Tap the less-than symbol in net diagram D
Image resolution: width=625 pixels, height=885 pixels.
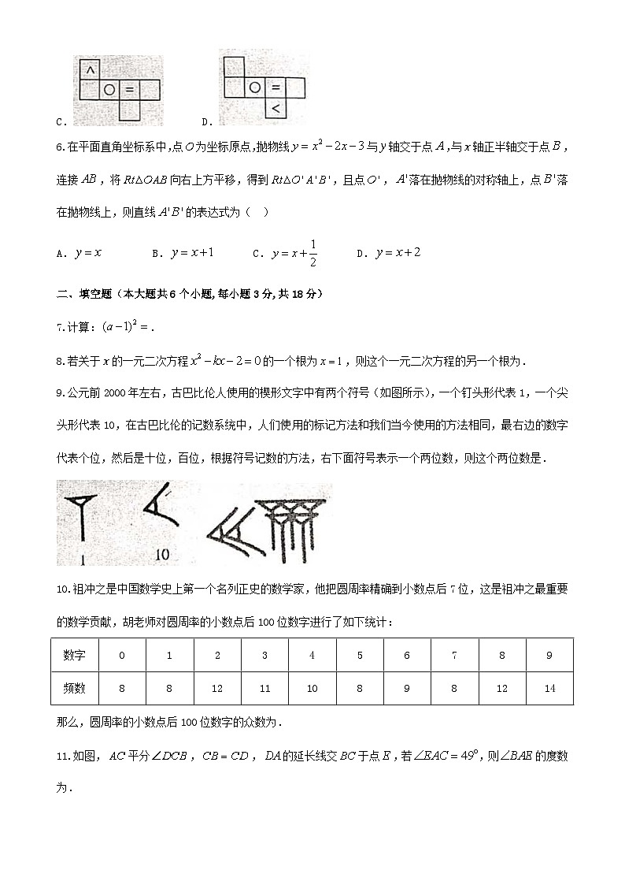tap(276, 108)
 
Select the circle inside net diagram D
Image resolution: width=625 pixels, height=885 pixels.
tap(254, 88)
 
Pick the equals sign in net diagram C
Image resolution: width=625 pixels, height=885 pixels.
tap(130, 90)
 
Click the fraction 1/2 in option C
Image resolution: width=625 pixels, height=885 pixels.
tap(313, 253)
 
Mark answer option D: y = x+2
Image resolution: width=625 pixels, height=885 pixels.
tap(399, 253)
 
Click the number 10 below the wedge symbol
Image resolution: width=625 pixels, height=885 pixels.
tap(162, 554)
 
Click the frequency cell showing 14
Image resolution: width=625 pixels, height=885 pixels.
tap(549, 688)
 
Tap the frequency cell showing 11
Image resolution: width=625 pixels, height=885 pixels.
tap(264, 688)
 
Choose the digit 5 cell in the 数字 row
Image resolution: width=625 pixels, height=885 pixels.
tap(360, 655)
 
